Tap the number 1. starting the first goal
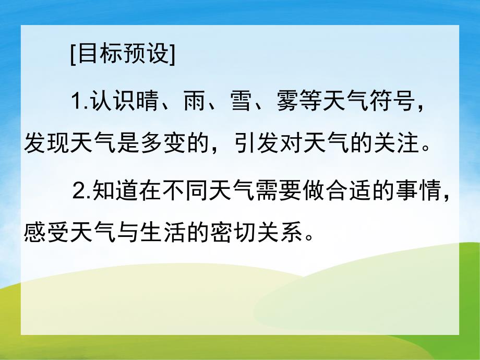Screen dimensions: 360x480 (x=80, y=101)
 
